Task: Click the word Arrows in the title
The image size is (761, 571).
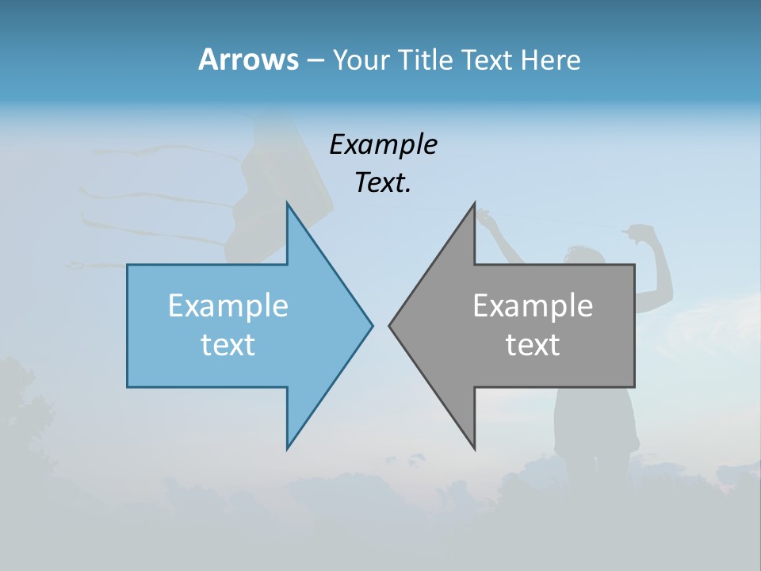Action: click(x=248, y=59)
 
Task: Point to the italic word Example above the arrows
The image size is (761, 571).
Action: click(x=384, y=144)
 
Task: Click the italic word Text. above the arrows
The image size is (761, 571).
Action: click(x=383, y=183)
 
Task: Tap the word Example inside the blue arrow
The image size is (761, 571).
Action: click(x=228, y=306)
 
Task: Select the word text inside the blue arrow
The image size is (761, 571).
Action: click(x=228, y=345)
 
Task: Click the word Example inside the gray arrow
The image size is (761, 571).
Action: click(x=533, y=306)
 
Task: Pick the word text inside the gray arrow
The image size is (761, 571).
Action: click(x=533, y=345)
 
